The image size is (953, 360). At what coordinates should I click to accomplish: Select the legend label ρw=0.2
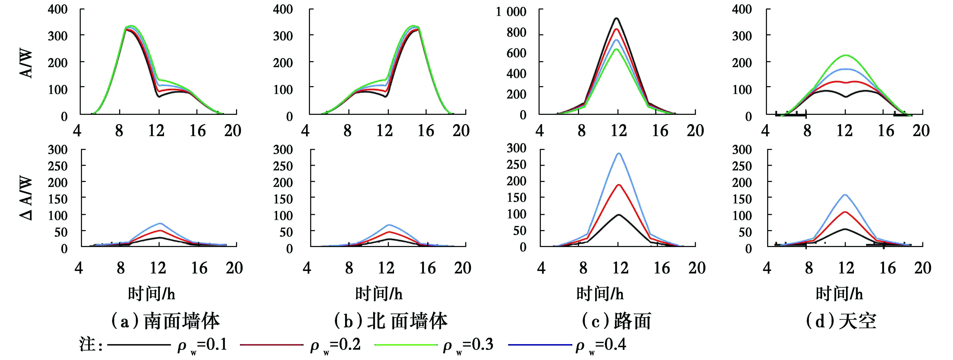coord(335,345)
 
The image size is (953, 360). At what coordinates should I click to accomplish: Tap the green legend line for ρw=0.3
coord(406,345)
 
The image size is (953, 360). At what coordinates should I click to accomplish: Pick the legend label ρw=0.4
coord(601,345)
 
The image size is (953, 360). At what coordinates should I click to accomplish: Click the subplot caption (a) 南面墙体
coord(165,321)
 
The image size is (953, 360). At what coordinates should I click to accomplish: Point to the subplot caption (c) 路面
coord(616,321)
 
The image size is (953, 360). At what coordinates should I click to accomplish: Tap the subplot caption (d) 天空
coord(840,321)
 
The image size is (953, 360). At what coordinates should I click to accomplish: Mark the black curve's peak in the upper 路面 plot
coord(616,18)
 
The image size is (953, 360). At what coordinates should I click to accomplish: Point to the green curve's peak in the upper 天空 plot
coord(845,55)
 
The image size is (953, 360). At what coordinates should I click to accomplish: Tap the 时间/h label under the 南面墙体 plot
coord(152,294)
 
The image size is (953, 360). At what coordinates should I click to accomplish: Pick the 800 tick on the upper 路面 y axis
coord(516,33)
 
